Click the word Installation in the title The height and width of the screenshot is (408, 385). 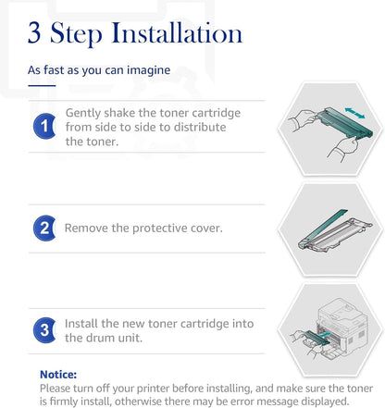click(x=177, y=32)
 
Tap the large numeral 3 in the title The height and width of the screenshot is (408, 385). click(x=34, y=32)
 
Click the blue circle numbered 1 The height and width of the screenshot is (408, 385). click(x=44, y=126)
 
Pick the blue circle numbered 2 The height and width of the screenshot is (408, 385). click(x=44, y=229)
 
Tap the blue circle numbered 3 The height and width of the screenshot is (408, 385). click(x=44, y=330)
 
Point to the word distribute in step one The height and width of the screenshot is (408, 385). click(x=200, y=127)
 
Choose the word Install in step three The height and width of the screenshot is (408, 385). click(x=81, y=324)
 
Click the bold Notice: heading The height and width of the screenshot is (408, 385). click(x=58, y=375)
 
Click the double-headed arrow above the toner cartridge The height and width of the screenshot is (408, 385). click(x=354, y=113)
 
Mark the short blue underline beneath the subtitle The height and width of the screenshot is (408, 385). click(x=42, y=86)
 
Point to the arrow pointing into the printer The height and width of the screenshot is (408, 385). click(x=325, y=335)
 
